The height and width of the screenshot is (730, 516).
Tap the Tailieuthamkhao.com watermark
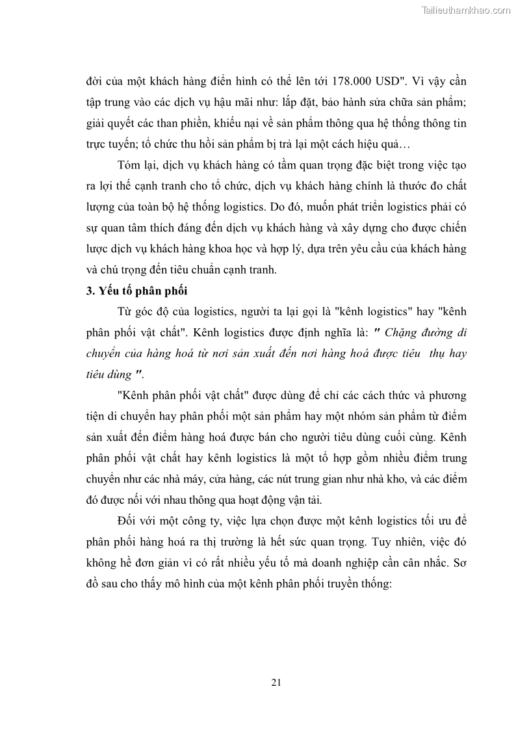click(x=467, y=10)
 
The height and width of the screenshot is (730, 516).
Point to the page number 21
click(x=276, y=682)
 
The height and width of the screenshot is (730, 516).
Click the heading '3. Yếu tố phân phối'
click(x=136, y=291)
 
